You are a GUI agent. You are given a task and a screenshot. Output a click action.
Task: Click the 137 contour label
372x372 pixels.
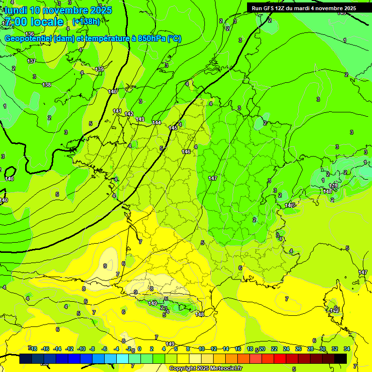point(31,61)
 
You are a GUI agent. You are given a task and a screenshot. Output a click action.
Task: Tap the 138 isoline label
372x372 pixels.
point(46,85)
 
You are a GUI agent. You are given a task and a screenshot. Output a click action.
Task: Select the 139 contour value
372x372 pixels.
point(99,70)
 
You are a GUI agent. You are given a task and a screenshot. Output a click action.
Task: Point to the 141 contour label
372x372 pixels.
point(117,111)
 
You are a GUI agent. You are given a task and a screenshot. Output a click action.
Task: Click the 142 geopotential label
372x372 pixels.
point(129,114)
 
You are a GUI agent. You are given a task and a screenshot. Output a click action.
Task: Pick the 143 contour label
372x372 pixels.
point(140,119)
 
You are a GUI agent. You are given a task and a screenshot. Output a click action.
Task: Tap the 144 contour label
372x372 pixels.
point(156,123)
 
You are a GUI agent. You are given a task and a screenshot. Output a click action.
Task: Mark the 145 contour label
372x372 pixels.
point(173,128)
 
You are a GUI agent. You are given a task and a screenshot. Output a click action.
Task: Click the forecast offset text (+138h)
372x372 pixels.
point(86,21)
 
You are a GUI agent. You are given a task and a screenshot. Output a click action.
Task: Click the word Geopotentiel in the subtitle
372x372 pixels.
point(28,39)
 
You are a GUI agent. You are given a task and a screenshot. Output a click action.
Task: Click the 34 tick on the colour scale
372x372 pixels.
point(347,349)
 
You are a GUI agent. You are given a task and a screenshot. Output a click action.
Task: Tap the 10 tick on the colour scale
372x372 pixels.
point(201,349)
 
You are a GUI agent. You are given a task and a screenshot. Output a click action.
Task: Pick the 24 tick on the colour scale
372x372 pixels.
point(286,349)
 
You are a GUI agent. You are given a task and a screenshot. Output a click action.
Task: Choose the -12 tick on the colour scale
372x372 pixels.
point(70,349)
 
